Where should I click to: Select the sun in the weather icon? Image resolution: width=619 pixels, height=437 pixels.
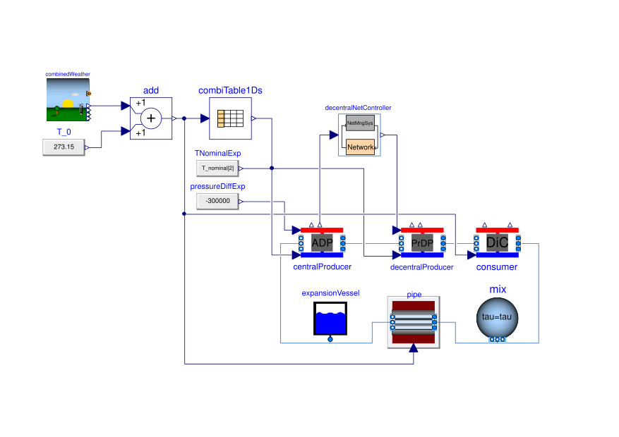coord(68,104)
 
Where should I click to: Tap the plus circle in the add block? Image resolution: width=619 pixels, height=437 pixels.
coord(150,118)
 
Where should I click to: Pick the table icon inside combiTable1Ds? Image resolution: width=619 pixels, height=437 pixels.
coord(230,118)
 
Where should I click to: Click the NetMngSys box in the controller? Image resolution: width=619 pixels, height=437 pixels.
coord(361,124)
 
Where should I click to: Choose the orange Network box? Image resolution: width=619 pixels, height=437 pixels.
coord(361,146)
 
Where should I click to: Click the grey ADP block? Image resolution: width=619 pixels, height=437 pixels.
coord(322,242)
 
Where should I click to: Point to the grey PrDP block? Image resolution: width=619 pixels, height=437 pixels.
coord(421,242)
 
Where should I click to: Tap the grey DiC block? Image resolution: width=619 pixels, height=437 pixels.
coord(497,242)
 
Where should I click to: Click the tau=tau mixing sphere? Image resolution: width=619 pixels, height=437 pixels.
coord(498,317)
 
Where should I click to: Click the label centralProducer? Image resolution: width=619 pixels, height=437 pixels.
coord(322,267)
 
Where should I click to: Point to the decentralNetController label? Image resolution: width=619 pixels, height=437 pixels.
coord(358,108)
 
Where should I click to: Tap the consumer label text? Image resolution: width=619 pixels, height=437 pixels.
coord(497,267)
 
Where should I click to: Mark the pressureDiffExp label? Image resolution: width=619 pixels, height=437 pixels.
coord(218,186)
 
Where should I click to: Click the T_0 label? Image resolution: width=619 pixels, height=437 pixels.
coord(64,132)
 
